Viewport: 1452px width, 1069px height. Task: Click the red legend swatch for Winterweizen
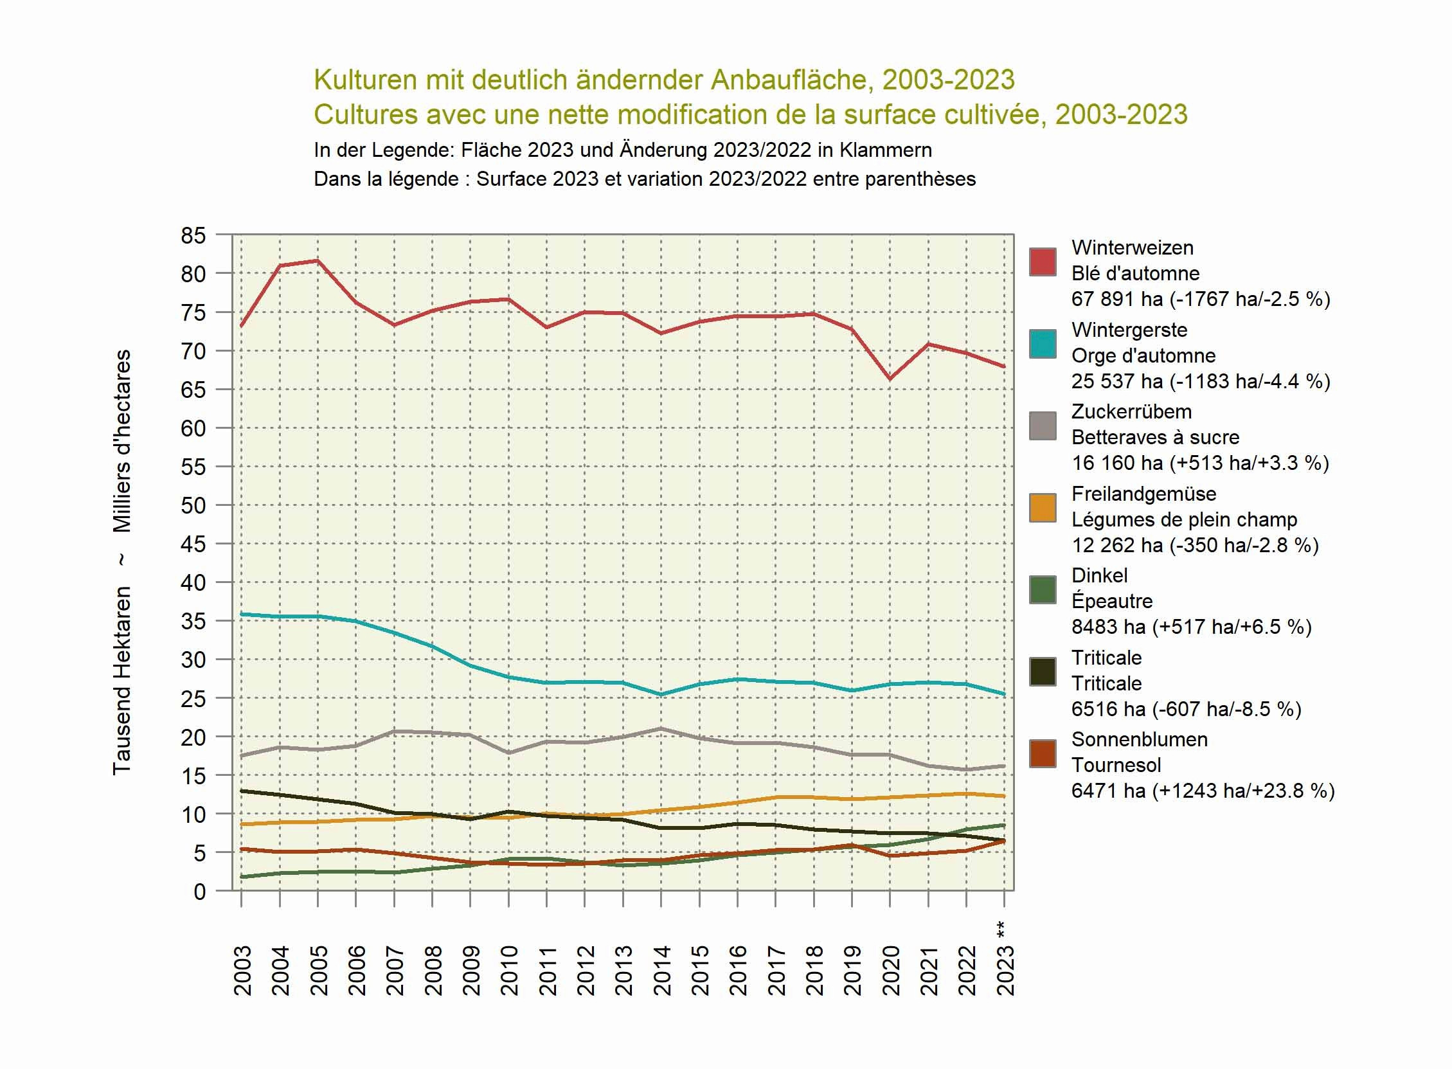point(1043,262)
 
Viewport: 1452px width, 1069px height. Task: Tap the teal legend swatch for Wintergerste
point(1043,345)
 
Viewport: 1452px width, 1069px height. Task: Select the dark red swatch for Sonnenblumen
point(1043,754)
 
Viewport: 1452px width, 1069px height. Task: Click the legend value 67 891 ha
point(1116,299)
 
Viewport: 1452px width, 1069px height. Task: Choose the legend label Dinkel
point(1098,575)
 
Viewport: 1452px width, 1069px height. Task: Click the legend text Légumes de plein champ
point(1183,519)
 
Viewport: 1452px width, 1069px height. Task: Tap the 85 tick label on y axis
point(193,235)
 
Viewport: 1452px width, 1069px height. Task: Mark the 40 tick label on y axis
point(193,582)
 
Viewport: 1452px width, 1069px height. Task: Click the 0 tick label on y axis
point(199,892)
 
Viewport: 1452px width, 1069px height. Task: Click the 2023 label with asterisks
point(1005,961)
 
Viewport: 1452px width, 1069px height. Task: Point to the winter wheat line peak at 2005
point(318,261)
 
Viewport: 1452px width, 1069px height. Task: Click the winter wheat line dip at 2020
point(890,379)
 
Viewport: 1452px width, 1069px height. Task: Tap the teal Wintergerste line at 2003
point(242,614)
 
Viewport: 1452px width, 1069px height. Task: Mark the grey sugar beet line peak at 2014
point(661,728)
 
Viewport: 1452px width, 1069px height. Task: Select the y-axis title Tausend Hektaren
point(122,680)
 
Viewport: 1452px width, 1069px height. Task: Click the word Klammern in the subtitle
point(885,150)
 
